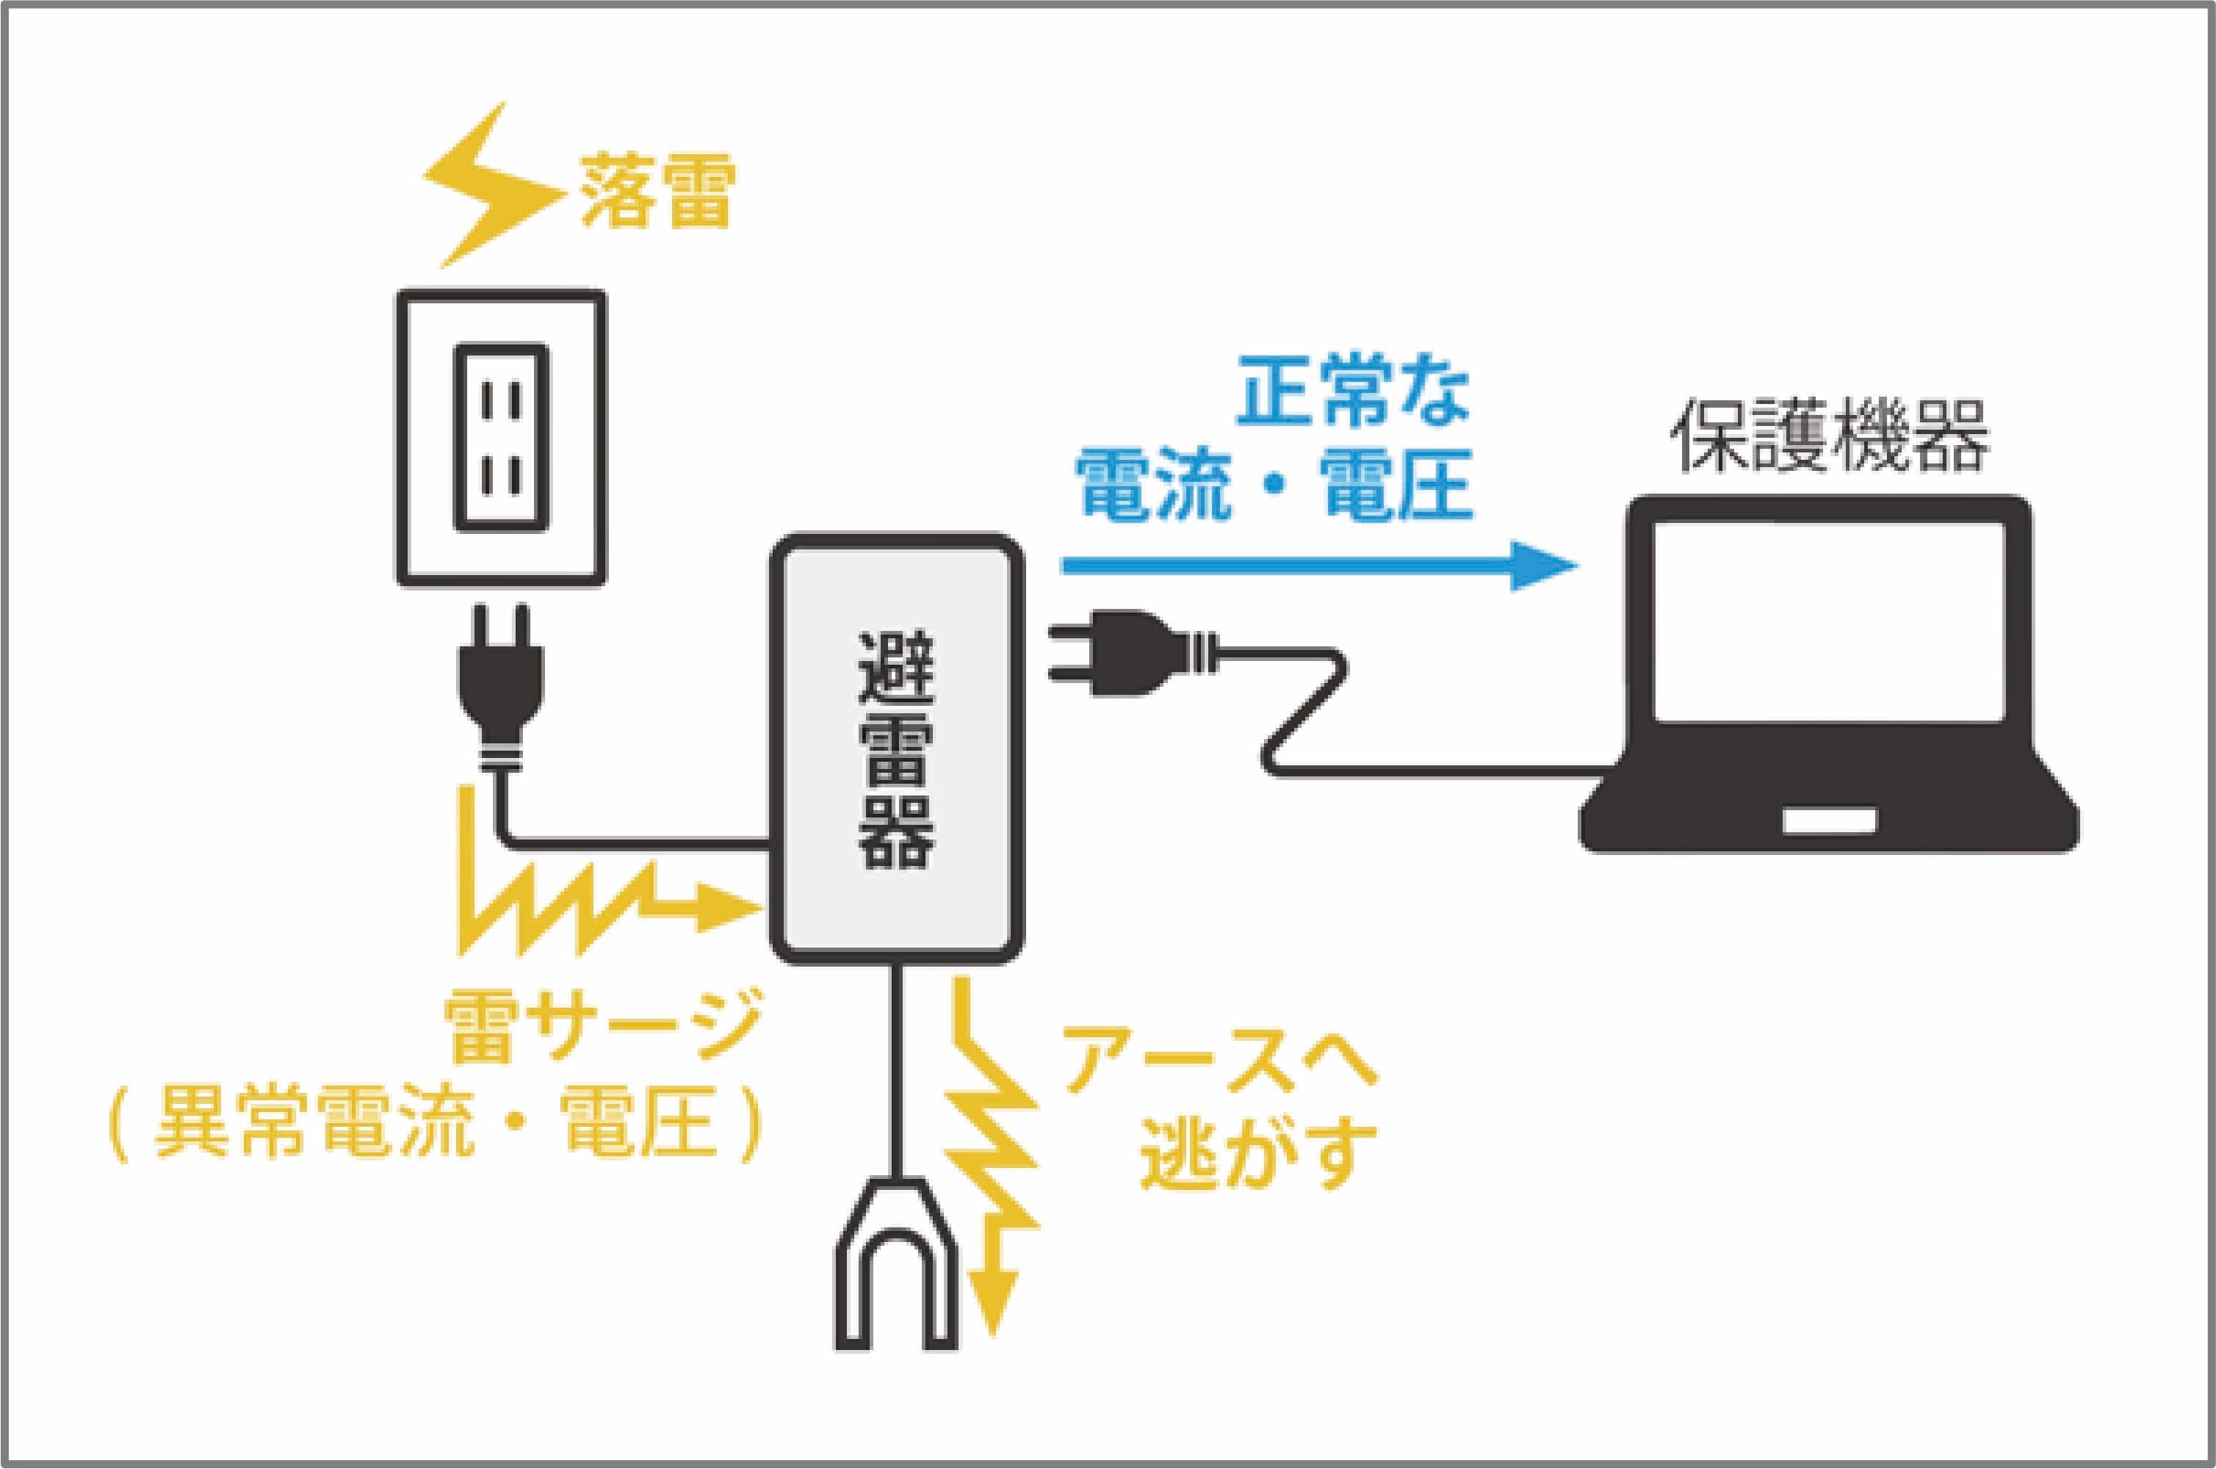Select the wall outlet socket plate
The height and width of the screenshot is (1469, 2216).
pos(500,438)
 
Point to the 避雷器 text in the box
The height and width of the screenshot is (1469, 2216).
pos(896,749)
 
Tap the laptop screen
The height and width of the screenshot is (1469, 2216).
pos(1829,622)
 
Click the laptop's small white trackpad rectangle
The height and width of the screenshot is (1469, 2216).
pos(1829,820)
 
